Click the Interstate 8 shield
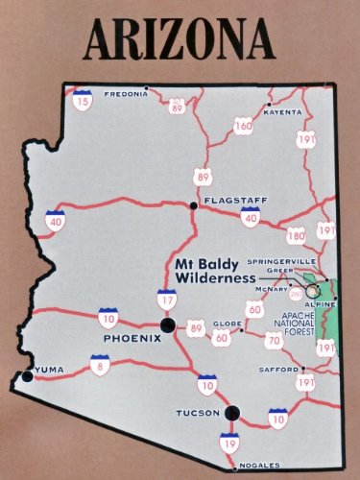point(98,364)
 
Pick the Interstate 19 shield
point(229,443)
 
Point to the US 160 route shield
point(243,125)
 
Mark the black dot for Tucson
point(231,414)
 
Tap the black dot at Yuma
point(27,375)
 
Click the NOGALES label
point(259,467)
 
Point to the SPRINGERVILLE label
point(281,260)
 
